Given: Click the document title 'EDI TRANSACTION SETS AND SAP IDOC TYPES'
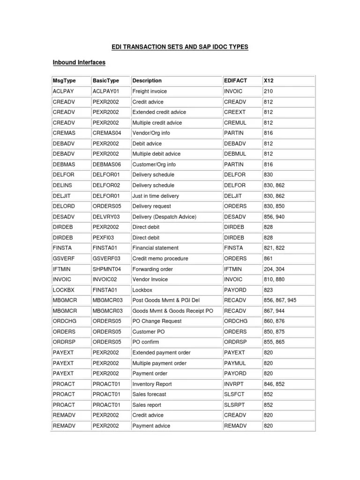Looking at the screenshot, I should (180, 47).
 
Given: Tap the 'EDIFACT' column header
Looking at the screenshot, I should (235, 81).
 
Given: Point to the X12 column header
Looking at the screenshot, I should (269, 81).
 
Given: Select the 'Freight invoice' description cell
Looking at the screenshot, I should (150, 91).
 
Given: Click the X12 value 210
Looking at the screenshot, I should (268, 91).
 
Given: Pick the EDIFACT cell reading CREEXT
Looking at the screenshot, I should (235, 112).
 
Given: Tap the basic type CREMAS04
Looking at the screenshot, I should (107, 133).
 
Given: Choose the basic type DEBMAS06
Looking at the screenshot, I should (107, 165).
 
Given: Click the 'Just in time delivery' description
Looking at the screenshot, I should (156, 196).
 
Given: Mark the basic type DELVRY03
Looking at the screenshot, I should (106, 217).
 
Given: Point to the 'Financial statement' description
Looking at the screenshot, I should (155, 248).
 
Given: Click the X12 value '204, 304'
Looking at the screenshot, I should (274, 269).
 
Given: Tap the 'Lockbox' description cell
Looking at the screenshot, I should (142, 290).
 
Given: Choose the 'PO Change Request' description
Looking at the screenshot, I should (157, 322).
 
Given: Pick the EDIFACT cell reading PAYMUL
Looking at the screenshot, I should (235, 363).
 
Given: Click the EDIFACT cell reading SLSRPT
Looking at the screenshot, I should (235, 405).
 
